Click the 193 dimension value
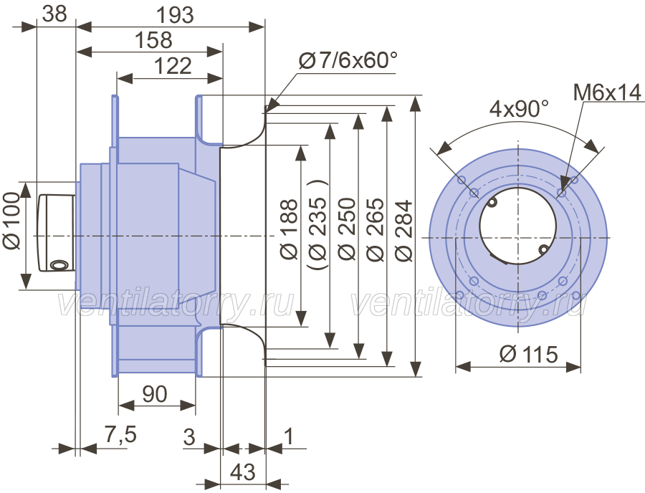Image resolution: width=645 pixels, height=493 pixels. point(175,15)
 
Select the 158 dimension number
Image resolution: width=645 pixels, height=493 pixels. point(153,40)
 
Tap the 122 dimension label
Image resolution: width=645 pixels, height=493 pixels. point(173,66)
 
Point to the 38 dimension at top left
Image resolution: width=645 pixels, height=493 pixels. point(54,14)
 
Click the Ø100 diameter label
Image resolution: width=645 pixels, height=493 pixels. point(11,221)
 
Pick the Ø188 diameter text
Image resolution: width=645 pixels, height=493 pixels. point(289,229)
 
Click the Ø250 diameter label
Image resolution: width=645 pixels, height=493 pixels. point(346,229)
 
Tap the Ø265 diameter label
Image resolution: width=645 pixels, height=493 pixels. point(375,229)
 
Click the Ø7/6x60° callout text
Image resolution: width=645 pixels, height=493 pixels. point(348,61)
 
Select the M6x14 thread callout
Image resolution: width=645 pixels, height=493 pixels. point(607,92)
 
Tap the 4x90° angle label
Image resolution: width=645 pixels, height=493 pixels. point(519,109)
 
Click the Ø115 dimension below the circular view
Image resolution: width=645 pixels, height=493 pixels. point(529,354)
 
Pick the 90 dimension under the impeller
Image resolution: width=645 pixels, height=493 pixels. point(155,394)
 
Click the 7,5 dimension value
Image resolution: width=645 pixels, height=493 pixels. point(120,434)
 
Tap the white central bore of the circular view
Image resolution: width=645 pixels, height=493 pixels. point(518,226)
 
